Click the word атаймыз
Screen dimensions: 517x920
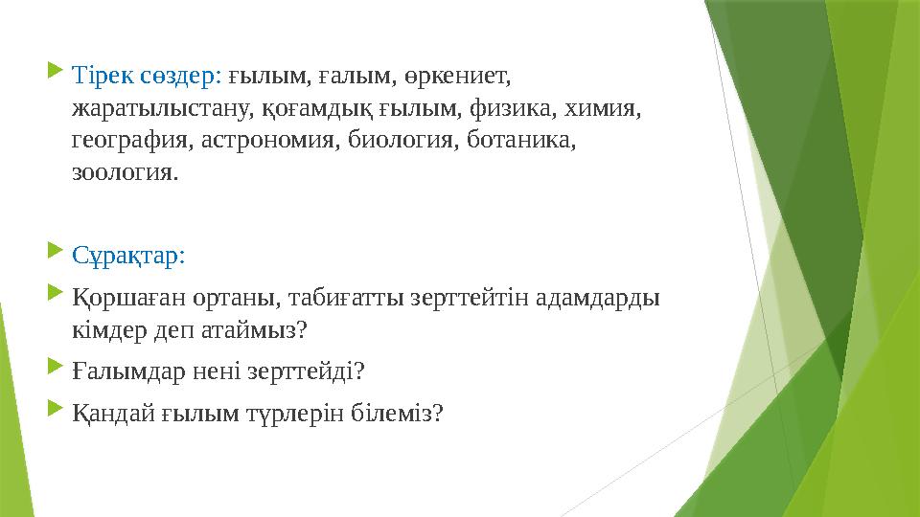(x=252, y=330)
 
